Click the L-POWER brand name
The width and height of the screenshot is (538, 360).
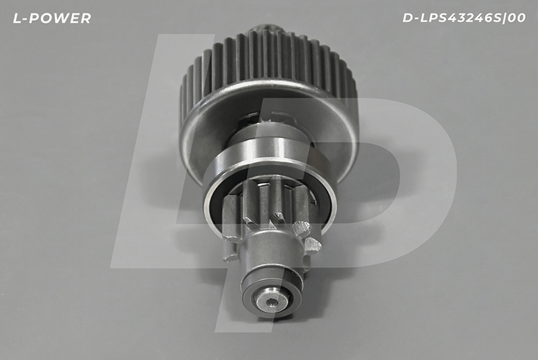pos(52,19)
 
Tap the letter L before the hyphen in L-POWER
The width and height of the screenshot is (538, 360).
pos(16,19)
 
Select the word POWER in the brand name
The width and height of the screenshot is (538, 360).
pos(61,19)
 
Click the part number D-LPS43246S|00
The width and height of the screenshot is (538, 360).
pos(464,18)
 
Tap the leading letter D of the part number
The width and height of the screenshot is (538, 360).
pos(408,18)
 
